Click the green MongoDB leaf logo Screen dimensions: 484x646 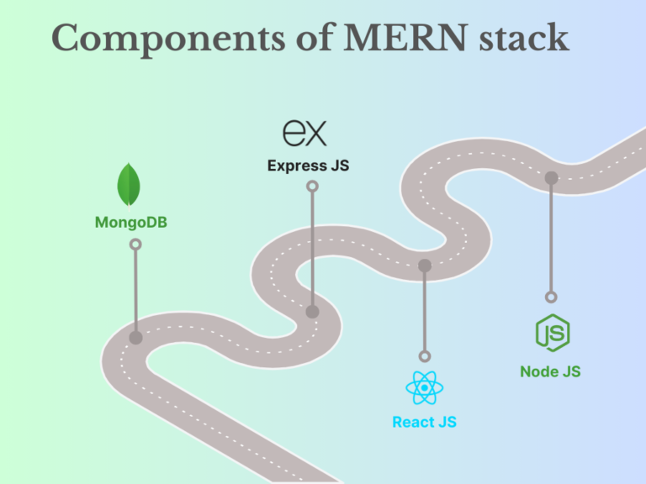(x=129, y=185)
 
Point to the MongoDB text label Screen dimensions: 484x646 (x=130, y=223)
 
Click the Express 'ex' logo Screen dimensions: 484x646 (x=304, y=134)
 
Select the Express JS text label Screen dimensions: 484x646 (x=308, y=166)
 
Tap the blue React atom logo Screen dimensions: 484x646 (x=424, y=388)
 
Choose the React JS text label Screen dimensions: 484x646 (x=424, y=422)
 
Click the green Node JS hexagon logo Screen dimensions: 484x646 (x=552, y=333)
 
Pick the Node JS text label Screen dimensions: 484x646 (x=550, y=371)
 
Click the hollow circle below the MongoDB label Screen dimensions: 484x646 (x=135, y=245)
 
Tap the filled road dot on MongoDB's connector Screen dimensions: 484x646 (x=135, y=338)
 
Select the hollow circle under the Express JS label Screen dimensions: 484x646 (x=312, y=187)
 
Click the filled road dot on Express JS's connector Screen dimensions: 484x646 (x=312, y=312)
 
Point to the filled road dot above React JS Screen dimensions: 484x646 (x=425, y=266)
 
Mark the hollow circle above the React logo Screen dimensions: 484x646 (x=425, y=356)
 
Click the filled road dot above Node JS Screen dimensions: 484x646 (x=551, y=177)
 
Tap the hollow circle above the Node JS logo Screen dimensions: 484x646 (x=551, y=297)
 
